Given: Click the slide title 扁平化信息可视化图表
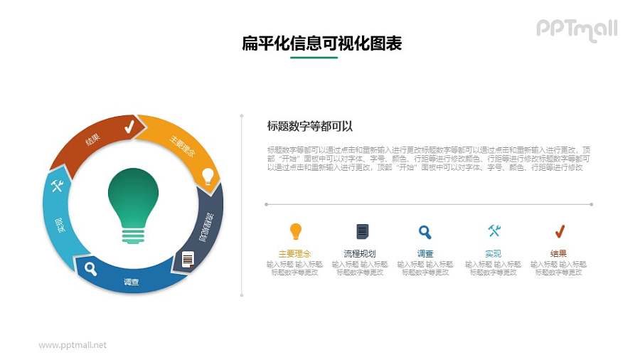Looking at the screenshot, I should [322, 44].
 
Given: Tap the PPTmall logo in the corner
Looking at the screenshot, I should [576, 29].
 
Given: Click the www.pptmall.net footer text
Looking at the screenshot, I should [73, 345].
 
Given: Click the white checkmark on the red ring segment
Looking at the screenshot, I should [129, 127].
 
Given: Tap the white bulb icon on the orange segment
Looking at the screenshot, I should [207, 174].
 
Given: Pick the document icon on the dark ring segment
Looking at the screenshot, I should [188, 259].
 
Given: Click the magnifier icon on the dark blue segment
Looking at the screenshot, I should [91, 268].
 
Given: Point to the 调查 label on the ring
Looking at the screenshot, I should [132, 282].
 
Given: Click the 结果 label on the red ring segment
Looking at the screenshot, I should [93, 140].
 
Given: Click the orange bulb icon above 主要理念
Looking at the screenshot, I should [295, 231].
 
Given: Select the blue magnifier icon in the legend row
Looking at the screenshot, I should [425, 231].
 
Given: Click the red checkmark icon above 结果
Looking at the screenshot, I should [559, 231].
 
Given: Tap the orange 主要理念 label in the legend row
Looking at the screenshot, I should [294, 253].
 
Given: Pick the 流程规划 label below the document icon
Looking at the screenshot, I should [360, 253].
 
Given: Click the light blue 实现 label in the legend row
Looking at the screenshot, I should [494, 253].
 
